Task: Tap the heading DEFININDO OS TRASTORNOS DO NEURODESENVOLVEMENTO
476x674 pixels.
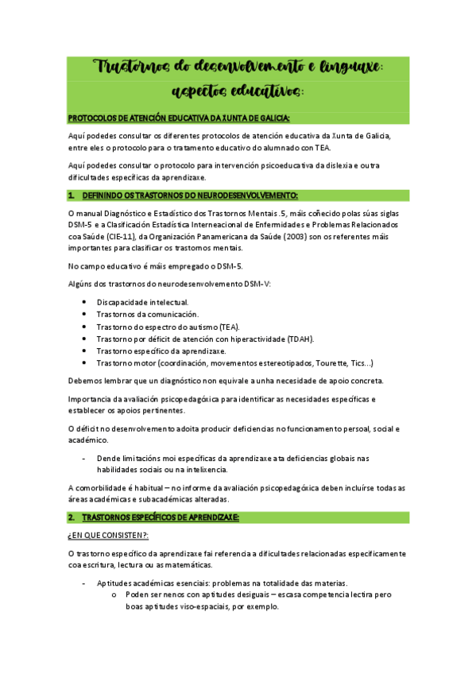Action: point(191,196)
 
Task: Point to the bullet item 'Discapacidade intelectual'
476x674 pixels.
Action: point(132,302)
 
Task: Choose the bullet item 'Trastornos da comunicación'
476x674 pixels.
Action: point(137,315)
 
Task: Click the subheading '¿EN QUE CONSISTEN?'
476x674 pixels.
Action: point(99,536)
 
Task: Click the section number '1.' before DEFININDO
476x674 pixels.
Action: point(72,196)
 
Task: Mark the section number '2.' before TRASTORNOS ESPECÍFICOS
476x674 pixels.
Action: point(72,517)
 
